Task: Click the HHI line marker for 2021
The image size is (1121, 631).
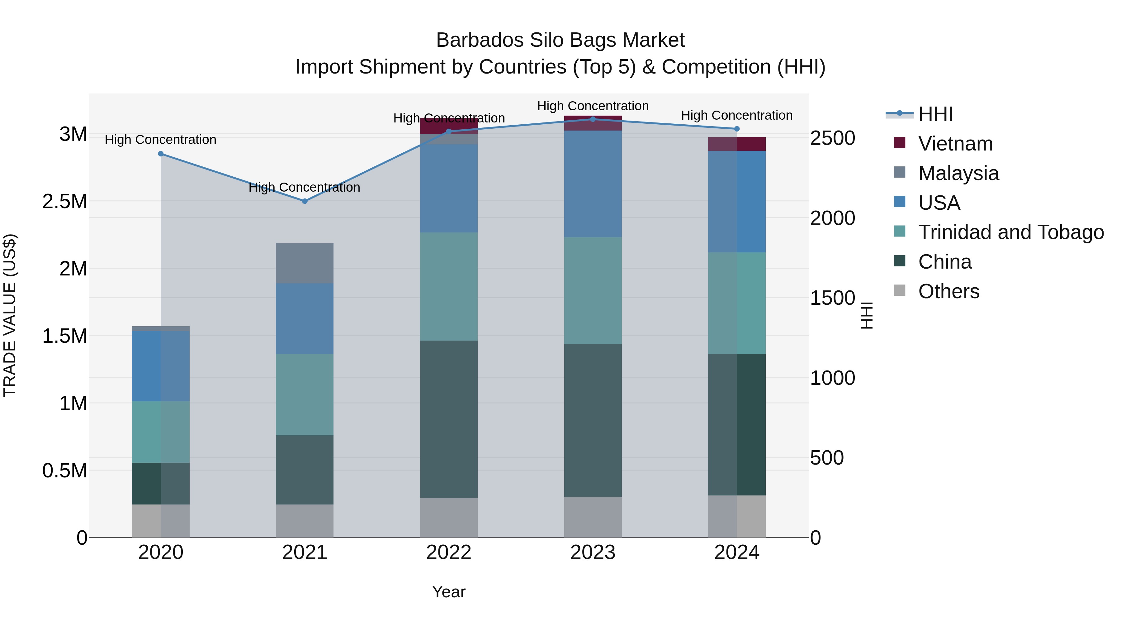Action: pos(305,201)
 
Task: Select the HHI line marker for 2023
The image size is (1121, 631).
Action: pos(593,119)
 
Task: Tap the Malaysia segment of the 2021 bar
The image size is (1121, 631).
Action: pos(305,263)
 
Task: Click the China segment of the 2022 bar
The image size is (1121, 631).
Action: pos(449,419)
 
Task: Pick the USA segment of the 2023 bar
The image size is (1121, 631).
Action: pos(593,184)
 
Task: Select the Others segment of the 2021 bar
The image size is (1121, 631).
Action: pos(305,521)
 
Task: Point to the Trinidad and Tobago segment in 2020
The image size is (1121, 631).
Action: pos(161,432)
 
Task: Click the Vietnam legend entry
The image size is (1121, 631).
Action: pos(955,144)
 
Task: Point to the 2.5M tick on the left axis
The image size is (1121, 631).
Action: pos(65,202)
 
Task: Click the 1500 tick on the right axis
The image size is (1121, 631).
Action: pos(832,298)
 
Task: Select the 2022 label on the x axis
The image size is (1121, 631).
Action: pos(449,552)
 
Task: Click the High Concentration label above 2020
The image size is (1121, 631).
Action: pos(161,140)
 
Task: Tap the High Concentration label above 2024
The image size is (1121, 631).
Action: pos(737,115)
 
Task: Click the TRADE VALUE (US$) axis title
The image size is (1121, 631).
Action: pos(10,315)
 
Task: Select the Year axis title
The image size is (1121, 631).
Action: pos(449,592)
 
